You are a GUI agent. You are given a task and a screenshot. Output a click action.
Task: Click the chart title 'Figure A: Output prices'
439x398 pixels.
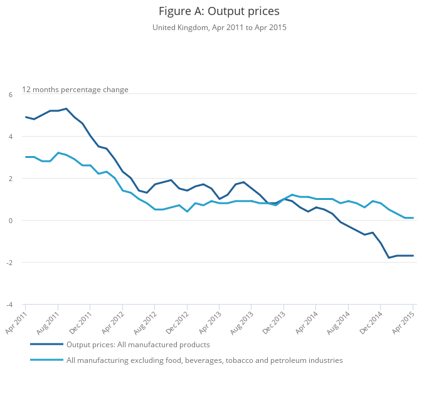(219, 11)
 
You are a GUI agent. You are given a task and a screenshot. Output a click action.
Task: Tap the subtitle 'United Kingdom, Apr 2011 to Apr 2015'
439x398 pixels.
(219, 28)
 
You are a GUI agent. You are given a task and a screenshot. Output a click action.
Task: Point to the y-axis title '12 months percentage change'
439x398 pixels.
(75, 90)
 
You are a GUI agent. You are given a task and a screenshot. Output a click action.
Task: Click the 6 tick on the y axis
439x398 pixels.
(10, 95)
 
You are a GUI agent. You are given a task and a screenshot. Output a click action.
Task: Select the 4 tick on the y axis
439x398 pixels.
(10, 137)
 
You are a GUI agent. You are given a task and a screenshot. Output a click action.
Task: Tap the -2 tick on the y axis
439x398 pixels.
(9, 263)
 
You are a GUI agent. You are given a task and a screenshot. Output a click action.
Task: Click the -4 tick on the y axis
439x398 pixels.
(9, 305)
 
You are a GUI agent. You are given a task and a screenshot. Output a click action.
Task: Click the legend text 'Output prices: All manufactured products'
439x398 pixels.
(138, 345)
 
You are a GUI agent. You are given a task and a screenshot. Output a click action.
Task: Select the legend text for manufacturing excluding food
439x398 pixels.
(204, 360)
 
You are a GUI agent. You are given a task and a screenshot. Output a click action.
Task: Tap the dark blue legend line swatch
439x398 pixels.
(46, 345)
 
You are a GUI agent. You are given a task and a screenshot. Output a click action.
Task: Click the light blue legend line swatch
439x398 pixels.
(46, 360)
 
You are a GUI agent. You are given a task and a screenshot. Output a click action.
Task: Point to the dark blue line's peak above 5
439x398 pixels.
(66, 108)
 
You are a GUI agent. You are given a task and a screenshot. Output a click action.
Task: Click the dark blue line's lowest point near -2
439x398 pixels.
(389, 258)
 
